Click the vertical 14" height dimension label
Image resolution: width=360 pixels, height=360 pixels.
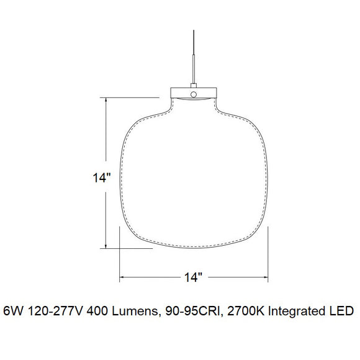pyautogui.click(x=101, y=178)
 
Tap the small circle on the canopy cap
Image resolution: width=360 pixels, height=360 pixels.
pyautogui.click(x=194, y=94)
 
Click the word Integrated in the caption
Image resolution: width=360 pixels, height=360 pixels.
pyautogui.click(x=295, y=310)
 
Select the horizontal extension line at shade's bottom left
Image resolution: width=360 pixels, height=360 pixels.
pyautogui.click(x=127, y=248)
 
